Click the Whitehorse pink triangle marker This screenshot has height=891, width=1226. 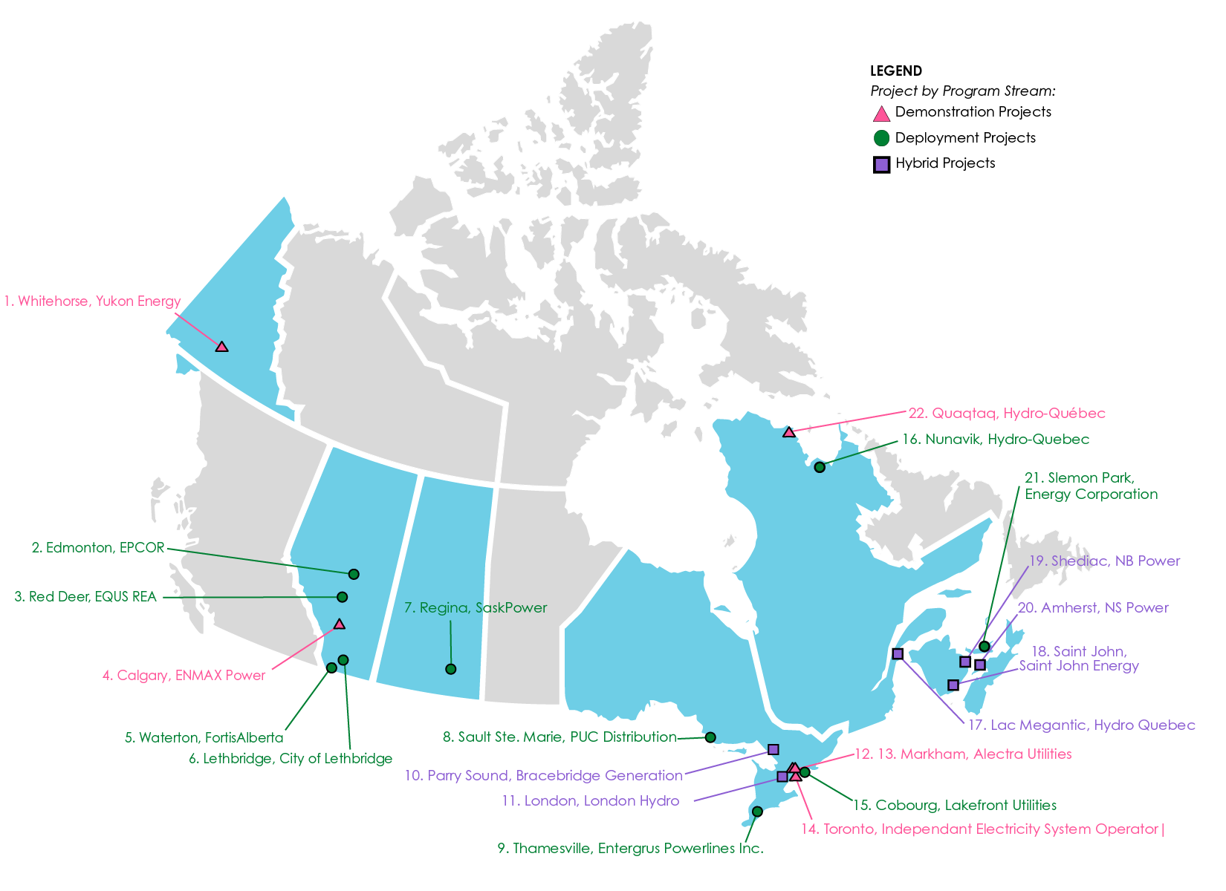pos(221,346)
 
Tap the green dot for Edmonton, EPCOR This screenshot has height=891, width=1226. pos(354,574)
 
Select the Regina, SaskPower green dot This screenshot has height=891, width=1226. pos(450,669)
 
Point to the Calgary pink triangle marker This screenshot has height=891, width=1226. pos(340,624)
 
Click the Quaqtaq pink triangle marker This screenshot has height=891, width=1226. pos(789,432)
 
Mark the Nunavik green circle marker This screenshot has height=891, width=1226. pos(820,467)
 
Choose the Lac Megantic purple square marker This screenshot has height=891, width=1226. pos(898,653)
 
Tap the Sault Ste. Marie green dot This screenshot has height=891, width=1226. pos(710,737)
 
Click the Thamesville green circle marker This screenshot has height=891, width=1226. pos(757,812)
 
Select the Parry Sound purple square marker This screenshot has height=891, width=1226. pos(773,749)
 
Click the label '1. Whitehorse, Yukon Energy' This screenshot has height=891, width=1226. pos(92,301)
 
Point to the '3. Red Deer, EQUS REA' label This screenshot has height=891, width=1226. pos(85,597)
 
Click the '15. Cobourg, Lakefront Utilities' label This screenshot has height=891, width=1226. pos(954,806)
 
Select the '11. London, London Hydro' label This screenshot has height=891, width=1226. pos(591,801)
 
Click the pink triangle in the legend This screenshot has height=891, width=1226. pos(881,114)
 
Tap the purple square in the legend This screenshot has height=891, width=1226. pos(881,165)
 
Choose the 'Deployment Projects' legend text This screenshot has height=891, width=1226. pos(965,138)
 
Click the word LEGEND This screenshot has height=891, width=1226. pos(896,71)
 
